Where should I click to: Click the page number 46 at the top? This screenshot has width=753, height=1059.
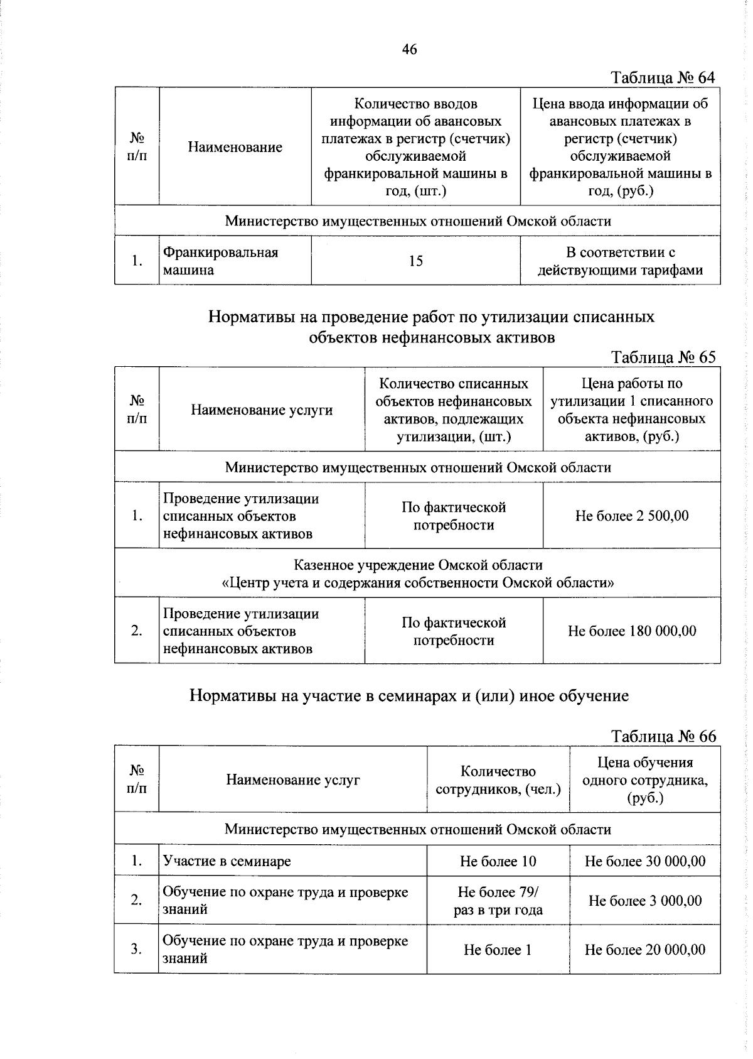coord(409,49)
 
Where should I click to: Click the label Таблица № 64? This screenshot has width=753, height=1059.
coord(663,77)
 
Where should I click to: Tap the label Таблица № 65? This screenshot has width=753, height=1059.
coord(663,357)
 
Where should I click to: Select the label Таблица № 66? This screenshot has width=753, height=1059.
coord(663,736)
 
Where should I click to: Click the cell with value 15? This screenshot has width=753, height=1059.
coord(415,261)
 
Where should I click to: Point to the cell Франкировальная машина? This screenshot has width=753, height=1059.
coord(220,261)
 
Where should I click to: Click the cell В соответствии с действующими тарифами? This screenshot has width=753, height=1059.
coord(620,261)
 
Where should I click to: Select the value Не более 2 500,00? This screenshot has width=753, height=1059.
coord(631,516)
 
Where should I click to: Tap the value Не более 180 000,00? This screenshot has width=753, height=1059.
coord(631,631)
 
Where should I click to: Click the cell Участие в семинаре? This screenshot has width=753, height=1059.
coord(227,861)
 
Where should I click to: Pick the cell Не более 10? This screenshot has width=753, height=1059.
coord(498,861)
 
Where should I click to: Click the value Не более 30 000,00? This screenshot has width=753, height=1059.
coord(644,861)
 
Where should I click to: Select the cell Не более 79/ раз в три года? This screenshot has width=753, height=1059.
coord(498,901)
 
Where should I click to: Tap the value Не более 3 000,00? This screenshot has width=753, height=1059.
coord(644,901)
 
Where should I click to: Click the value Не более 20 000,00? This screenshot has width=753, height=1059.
coord(644,950)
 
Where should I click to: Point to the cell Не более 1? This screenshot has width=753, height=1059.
coord(498,950)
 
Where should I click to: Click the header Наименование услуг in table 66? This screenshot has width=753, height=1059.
coord(292,780)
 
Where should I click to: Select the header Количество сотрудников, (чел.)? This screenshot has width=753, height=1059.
coord(498,780)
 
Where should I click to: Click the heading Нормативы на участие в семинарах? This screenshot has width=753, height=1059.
coord(409,696)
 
